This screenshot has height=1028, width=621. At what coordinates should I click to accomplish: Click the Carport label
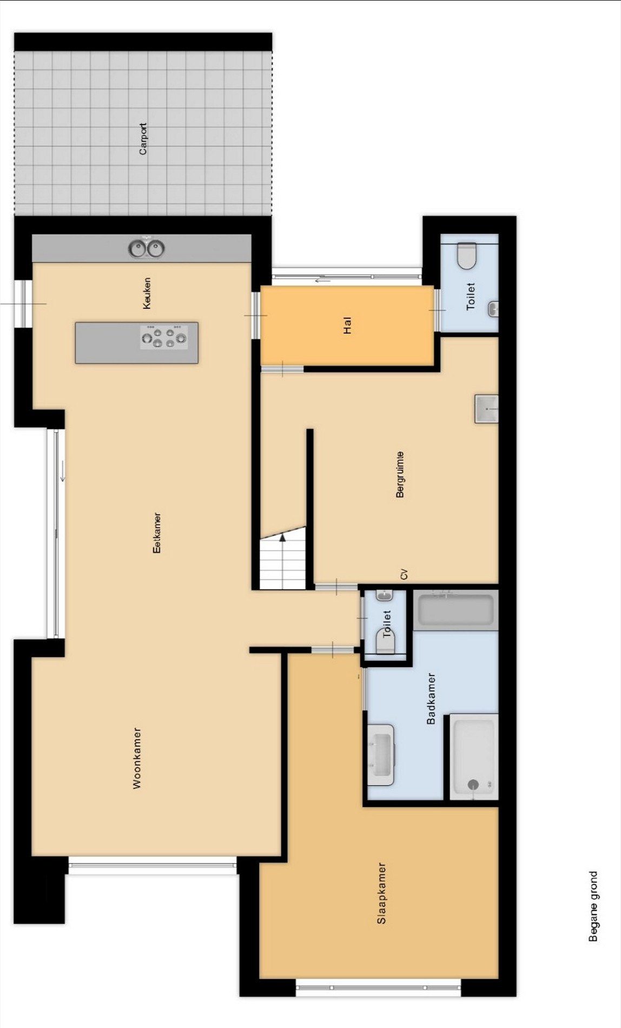pyautogui.click(x=143, y=139)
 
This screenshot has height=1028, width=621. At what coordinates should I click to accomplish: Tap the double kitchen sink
pyautogui.click(x=147, y=249)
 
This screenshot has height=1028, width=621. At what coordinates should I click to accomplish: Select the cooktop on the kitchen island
pyautogui.click(x=164, y=337)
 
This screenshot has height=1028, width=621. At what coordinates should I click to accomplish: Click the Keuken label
pyautogui.click(x=147, y=294)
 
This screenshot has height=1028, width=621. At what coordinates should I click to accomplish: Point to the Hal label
pyautogui.click(x=347, y=326)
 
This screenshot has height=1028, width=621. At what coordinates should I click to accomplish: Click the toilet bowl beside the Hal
pyautogui.click(x=466, y=255)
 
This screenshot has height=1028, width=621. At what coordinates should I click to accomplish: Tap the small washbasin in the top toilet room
pyautogui.click(x=493, y=309)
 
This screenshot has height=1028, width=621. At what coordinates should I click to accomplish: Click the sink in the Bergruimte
pyautogui.click(x=486, y=408)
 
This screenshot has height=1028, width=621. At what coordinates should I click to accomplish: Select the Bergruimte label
pyautogui.click(x=400, y=474)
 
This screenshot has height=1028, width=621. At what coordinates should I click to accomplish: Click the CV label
pyautogui.click(x=404, y=574)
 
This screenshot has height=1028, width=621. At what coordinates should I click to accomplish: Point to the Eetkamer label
pyautogui.click(x=157, y=533)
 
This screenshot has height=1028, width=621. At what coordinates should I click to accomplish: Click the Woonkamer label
pyautogui.click(x=137, y=758)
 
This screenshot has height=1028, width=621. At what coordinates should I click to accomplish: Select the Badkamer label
pyautogui.click(x=431, y=698)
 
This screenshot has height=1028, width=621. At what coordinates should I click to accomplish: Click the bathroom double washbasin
pyautogui.click(x=381, y=755)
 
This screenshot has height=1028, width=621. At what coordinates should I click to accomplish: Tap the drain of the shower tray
pyautogui.click(x=473, y=784)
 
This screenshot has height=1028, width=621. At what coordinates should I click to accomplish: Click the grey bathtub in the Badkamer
pyautogui.click(x=456, y=610)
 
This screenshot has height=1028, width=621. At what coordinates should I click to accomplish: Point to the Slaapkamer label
pyautogui.click(x=381, y=893)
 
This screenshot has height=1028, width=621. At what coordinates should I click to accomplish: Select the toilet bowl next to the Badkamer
pyautogui.click(x=386, y=641)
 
